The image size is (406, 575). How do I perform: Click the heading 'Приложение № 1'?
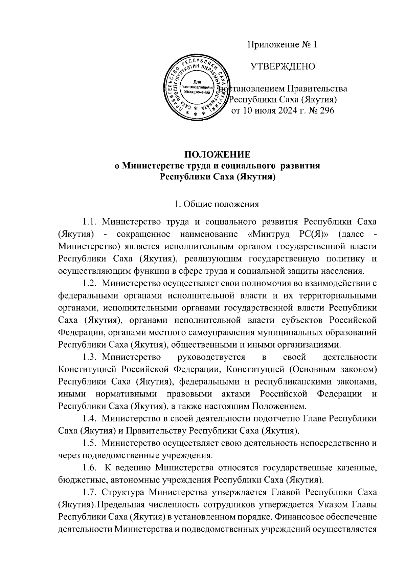click(283, 45)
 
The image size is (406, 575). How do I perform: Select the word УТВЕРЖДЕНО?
click(283, 67)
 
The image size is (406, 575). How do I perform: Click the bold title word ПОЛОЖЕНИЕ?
click(217, 155)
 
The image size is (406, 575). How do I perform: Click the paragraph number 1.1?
click(90, 222)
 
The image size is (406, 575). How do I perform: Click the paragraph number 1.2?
click(90, 283)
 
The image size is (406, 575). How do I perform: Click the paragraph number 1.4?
click(90, 418)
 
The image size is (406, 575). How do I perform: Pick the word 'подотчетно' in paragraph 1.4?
click(274, 418)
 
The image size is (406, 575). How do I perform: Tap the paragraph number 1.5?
click(90, 443)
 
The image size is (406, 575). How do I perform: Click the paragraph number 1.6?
click(90, 468)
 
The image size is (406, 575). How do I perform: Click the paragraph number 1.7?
click(90, 492)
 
